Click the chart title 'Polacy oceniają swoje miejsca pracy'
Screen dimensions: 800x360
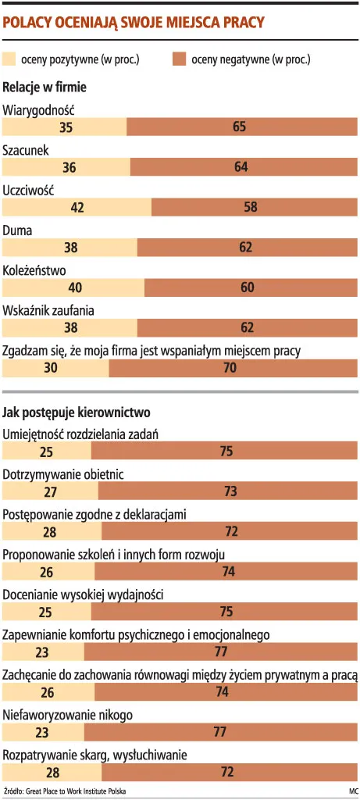134,23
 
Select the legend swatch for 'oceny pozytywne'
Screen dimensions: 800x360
10,59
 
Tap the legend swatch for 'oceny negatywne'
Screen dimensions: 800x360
178,59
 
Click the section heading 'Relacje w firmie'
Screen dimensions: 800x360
45,87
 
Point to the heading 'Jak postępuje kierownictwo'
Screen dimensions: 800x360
77,411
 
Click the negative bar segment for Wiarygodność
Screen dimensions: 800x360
239,127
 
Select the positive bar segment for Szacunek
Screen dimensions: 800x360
66,166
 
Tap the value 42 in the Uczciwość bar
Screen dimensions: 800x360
77,207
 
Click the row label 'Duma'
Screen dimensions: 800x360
17,230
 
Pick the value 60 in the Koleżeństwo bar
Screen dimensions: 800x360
248,287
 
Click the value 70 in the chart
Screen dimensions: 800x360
230,368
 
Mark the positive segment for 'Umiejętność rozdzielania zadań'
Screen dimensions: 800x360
47,451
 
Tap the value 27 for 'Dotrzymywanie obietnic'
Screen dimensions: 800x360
51,491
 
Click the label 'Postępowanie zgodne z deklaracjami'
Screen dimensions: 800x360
94,514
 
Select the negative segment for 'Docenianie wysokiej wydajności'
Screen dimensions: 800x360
226,612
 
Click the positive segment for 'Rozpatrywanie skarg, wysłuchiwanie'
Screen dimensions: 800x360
52,773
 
